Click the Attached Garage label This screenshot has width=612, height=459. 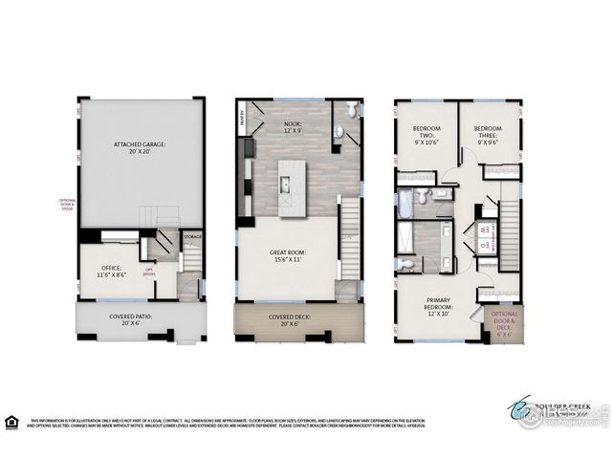click(x=140, y=148)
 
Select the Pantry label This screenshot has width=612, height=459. click(x=240, y=120)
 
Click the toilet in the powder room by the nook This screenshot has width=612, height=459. click(x=351, y=113)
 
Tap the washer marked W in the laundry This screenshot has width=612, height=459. click(x=484, y=229)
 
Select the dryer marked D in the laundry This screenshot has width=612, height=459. click(x=484, y=244)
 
